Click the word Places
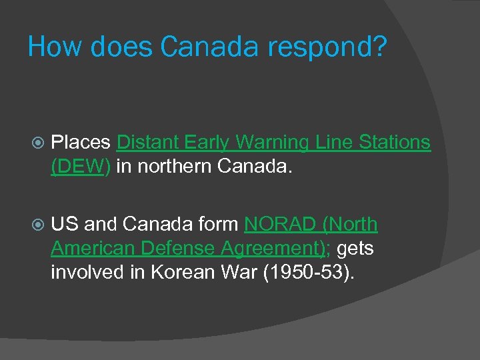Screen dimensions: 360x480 tap(80, 142)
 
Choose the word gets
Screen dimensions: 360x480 tap(356, 249)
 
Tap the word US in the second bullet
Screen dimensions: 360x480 tap(65, 225)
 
